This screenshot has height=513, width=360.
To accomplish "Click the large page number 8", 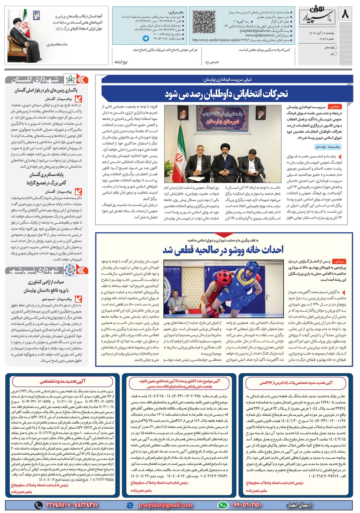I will (345, 15).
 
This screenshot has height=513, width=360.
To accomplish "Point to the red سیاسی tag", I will (335, 107).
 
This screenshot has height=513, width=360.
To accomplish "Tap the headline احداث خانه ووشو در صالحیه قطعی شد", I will (223, 250).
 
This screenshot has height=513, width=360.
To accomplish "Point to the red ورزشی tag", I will (339, 261).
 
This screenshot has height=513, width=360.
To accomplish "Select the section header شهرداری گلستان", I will (36, 80).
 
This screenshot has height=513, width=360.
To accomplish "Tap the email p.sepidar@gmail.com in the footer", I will (165, 505).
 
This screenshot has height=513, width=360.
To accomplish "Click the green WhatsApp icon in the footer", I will (223, 505).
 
